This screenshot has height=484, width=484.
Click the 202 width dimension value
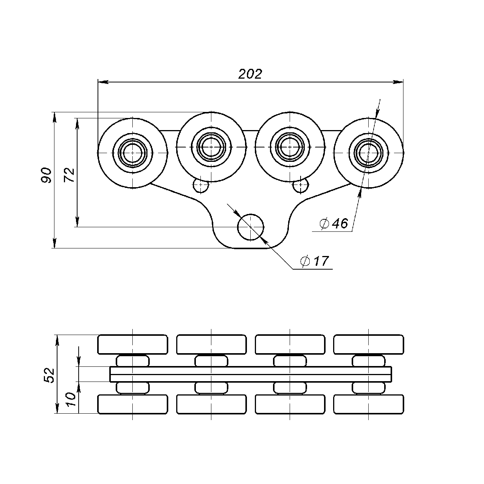click(x=250, y=74)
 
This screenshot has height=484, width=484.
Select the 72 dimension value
click(x=69, y=175)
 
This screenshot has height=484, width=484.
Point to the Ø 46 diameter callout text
click(x=334, y=223)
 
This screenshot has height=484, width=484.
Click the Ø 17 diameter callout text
click(x=315, y=261)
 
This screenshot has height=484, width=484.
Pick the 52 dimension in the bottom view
click(x=49, y=375)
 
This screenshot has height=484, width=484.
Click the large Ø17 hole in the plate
click(x=251, y=227)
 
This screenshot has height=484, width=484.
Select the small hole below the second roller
click(x=201, y=186)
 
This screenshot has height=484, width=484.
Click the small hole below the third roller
click(x=301, y=186)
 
